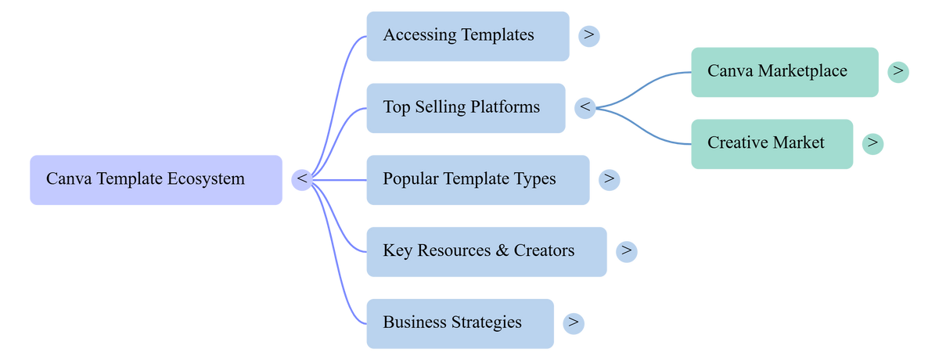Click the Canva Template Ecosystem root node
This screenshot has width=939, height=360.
point(156,180)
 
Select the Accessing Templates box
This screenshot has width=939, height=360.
point(468,37)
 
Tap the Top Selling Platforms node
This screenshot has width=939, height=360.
point(466,108)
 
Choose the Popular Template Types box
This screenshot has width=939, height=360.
point(478,180)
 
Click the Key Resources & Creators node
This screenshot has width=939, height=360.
point(487,252)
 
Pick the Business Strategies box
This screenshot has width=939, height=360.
point(460,323)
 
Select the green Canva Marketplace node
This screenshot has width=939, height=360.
point(785,72)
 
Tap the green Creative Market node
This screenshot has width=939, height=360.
point(772,144)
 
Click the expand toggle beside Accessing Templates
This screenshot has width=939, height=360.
point(589,37)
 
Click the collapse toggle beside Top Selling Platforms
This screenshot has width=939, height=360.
point(585,108)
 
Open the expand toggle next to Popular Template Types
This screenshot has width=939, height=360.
point(609,180)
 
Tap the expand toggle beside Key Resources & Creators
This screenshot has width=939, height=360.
point(627,252)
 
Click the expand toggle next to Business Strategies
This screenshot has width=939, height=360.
point(574,323)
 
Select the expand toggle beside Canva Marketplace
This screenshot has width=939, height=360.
point(898,72)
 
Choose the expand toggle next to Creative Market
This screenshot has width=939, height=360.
point(872,144)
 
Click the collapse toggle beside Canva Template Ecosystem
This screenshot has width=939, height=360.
point(302,180)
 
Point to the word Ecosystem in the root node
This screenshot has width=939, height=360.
point(206,180)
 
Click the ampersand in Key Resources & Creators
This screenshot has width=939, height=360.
point(502,250)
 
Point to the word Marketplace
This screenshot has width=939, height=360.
point(802,71)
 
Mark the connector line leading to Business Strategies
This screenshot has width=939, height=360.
point(335,256)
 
